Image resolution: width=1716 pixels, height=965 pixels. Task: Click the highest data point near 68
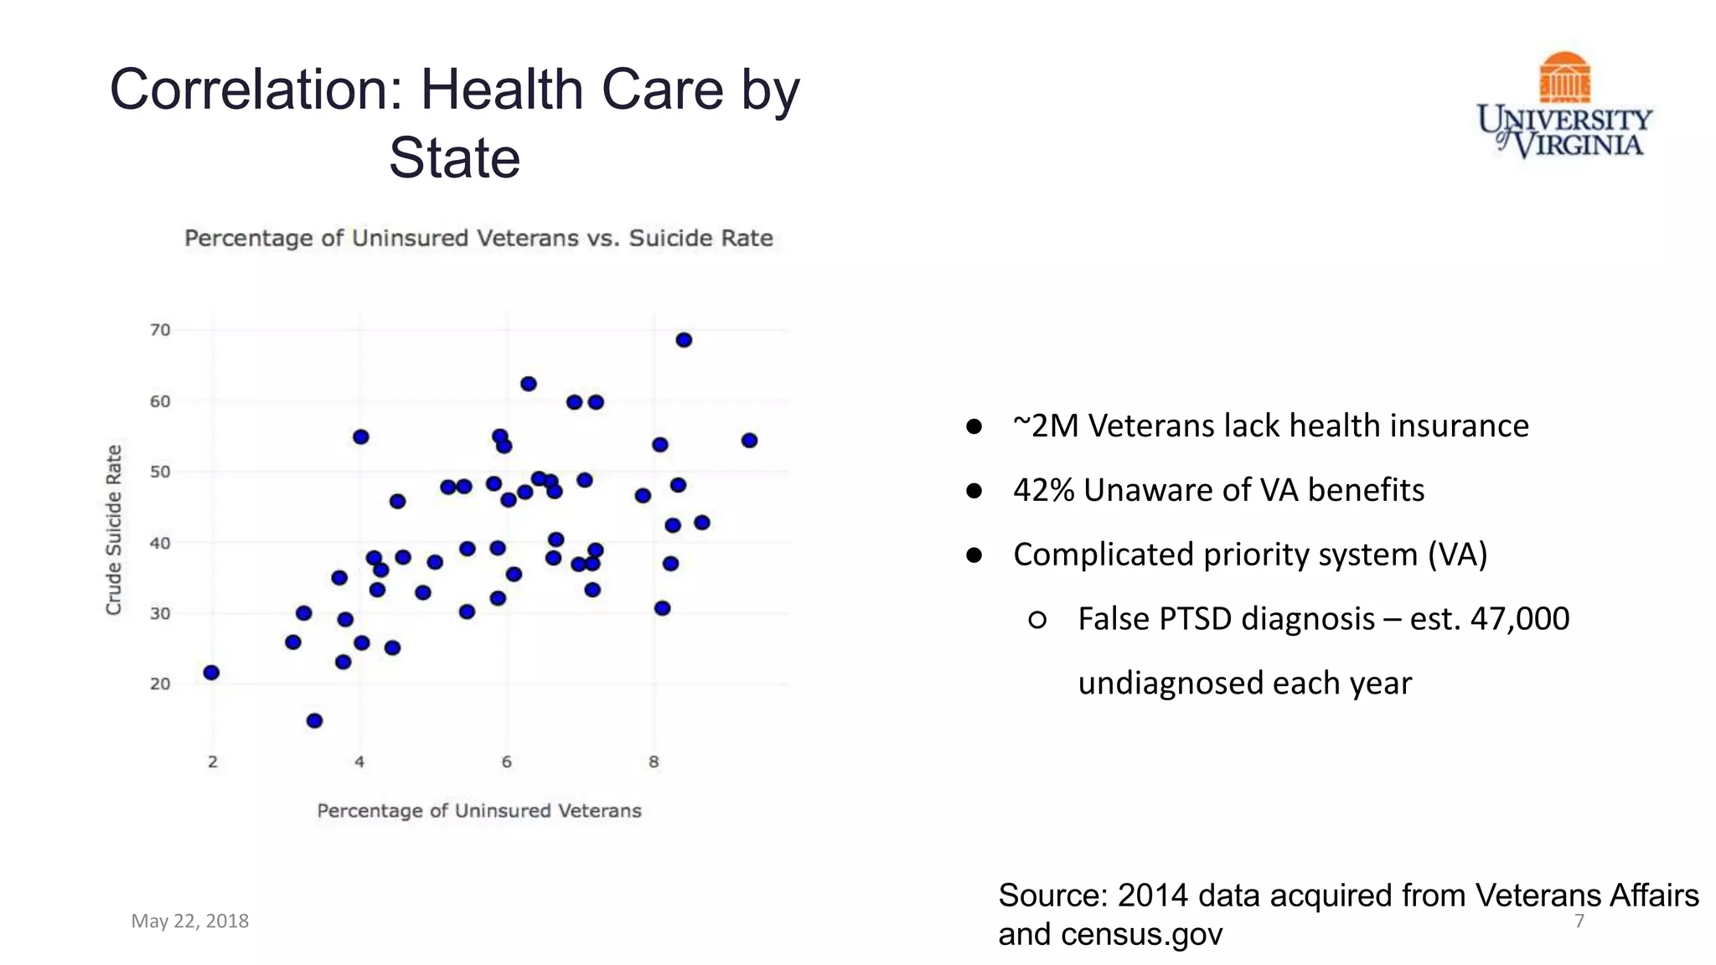point(684,340)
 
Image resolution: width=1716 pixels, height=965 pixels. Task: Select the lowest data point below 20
point(314,721)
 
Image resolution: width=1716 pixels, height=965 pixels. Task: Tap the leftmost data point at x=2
point(211,673)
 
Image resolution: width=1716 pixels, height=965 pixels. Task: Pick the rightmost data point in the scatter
point(749,441)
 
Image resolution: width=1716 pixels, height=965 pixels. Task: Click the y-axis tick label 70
point(160,330)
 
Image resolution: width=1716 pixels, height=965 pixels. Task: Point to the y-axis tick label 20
point(160,684)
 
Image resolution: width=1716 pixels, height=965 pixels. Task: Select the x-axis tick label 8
point(654,762)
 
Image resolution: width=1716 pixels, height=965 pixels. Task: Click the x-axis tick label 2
point(213,762)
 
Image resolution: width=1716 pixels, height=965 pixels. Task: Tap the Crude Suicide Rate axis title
point(114,529)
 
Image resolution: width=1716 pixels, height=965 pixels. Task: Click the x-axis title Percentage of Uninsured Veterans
point(478,811)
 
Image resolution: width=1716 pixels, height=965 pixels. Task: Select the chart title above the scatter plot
point(478,239)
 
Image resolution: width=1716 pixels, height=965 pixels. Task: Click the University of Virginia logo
point(1564,106)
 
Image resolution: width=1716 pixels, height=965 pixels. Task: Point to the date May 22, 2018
point(190,921)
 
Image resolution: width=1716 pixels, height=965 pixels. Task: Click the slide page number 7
point(1579,921)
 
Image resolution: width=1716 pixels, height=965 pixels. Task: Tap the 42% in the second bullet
point(1043,490)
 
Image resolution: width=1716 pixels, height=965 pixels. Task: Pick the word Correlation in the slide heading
point(257,90)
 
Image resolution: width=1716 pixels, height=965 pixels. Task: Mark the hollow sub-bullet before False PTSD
point(1036,620)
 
